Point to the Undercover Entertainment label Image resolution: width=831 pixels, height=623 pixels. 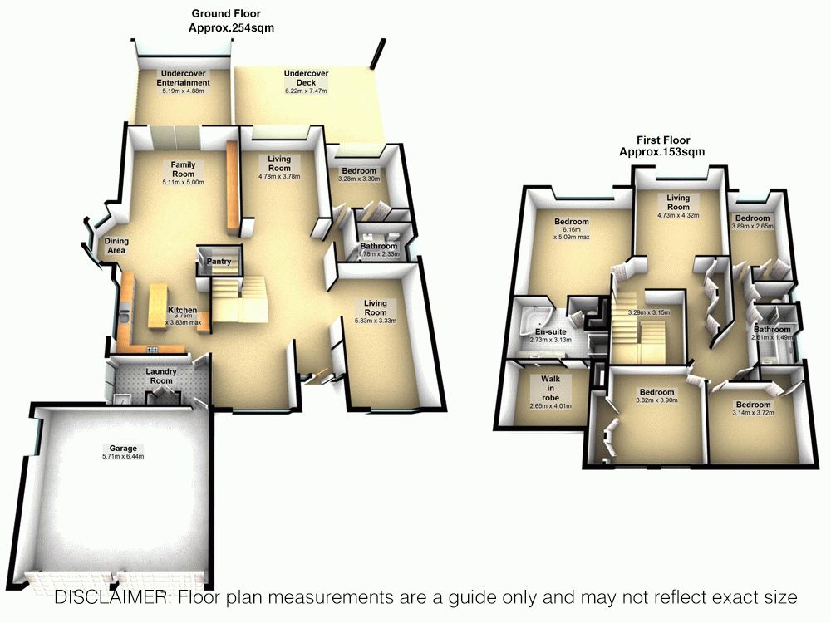pyautogui.click(x=184, y=78)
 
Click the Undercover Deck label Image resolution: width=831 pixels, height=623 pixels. pyautogui.click(x=306, y=78)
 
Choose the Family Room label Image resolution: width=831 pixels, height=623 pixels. pyautogui.click(x=183, y=169)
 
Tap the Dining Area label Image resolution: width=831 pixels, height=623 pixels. pyautogui.click(x=116, y=245)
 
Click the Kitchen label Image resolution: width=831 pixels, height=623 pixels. pyautogui.click(x=183, y=310)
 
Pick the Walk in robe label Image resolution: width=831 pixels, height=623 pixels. pyautogui.click(x=551, y=388)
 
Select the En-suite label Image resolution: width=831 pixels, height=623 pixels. pyautogui.click(x=549, y=331)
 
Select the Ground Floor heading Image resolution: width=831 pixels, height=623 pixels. pyautogui.click(x=225, y=13)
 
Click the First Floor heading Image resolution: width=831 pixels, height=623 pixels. pyautogui.click(x=662, y=140)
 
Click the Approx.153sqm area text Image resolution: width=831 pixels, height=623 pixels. pyautogui.click(x=662, y=152)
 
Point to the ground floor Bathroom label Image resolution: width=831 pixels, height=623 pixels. pyautogui.click(x=378, y=247)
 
